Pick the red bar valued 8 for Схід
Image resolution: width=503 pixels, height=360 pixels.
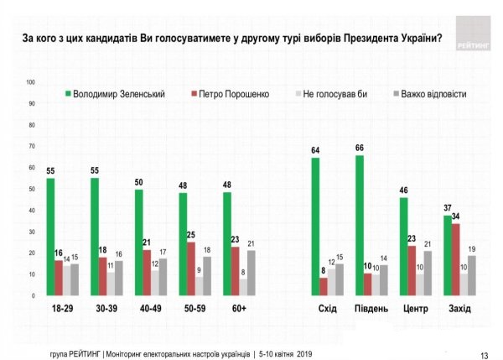coord(324,286)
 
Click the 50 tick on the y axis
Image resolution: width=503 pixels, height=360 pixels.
coord(31,189)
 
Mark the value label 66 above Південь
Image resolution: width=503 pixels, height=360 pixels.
coord(359,149)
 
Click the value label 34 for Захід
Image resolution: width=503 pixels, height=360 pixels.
coord(456,217)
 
